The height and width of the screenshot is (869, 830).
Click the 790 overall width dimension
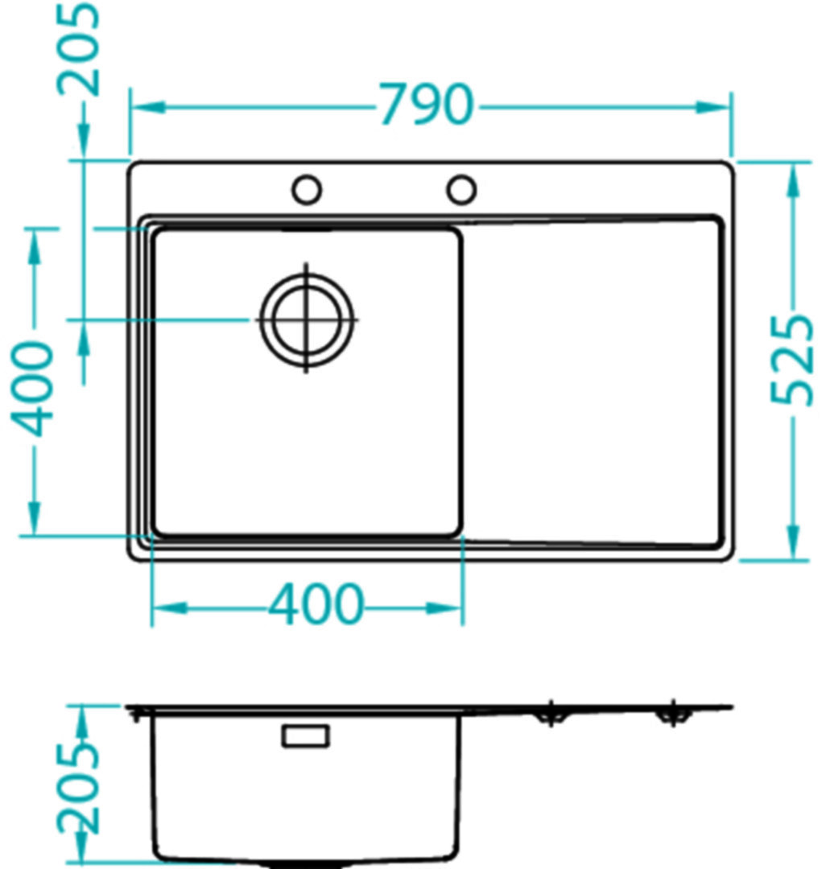pos(426,104)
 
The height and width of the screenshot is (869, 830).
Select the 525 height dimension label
pos(793,360)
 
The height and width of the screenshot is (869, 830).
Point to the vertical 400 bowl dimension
pos(33,388)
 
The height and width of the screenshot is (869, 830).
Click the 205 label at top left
pos(79,49)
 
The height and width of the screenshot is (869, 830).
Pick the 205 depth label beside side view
pos(78,788)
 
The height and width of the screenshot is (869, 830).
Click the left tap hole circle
pos(306,190)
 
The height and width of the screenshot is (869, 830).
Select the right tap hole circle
pos(461,190)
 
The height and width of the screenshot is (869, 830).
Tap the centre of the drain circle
pos(307,319)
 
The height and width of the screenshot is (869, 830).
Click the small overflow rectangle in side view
pos(305,736)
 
